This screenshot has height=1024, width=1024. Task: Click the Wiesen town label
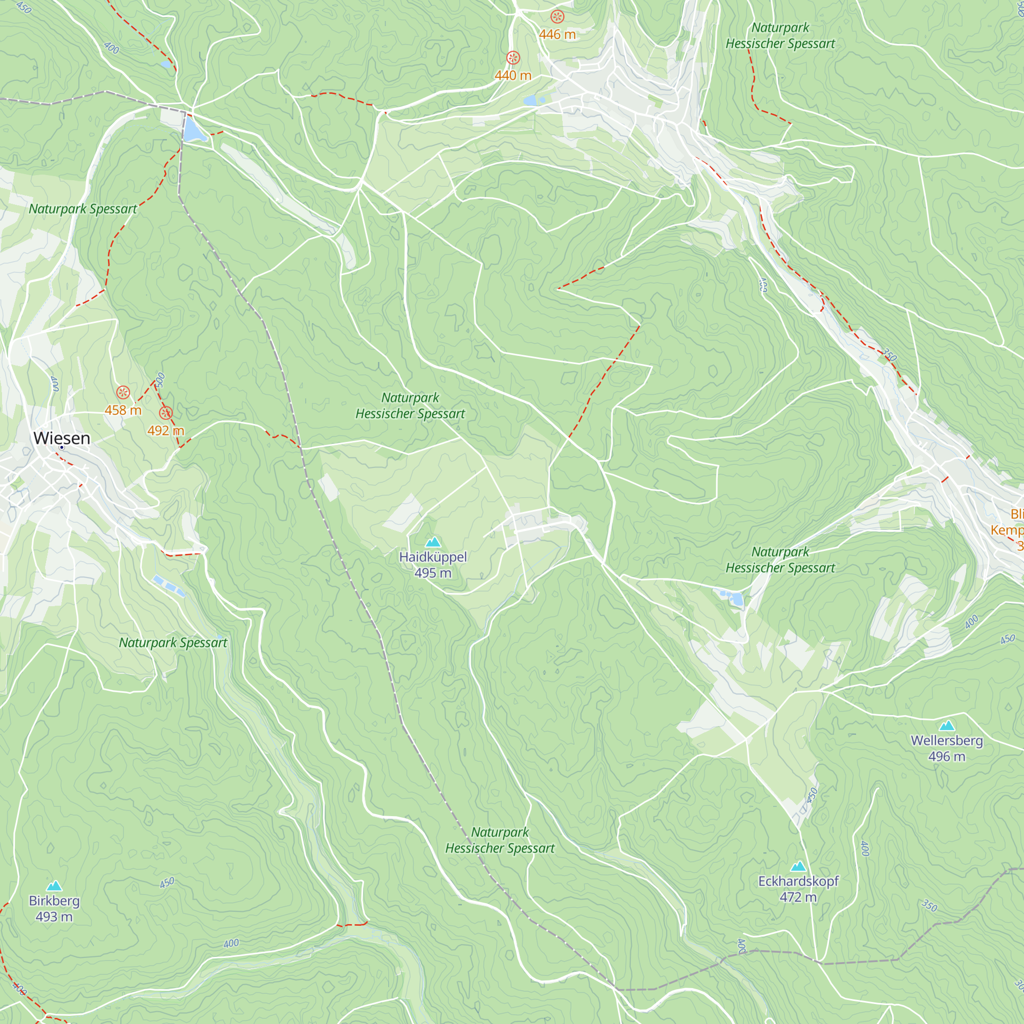click(61, 438)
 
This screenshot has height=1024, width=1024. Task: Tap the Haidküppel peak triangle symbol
click(433, 542)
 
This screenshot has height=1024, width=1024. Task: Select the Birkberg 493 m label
click(54, 908)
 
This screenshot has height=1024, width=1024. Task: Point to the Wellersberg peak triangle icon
click(947, 726)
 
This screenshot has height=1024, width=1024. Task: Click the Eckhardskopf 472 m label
click(798, 889)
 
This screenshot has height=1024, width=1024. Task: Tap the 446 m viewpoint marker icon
click(557, 17)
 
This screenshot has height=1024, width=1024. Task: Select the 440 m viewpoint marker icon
click(513, 58)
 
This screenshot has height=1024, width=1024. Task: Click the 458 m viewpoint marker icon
click(123, 393)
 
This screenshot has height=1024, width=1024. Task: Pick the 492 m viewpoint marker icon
click(166, 413)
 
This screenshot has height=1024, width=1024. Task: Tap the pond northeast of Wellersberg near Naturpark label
click(736, 600)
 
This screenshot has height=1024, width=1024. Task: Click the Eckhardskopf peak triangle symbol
click(798, 867)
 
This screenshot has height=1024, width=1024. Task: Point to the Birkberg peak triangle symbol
click(54, 886)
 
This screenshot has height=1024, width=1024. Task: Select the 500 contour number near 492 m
click(161, 380)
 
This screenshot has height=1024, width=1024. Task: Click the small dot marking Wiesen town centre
click(61, 448)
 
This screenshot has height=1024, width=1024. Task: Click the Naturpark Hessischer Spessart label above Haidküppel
click(410, 406)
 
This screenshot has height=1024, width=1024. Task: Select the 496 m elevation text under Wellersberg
click(947, 756)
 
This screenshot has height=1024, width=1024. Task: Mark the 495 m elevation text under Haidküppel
click(433, 573)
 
